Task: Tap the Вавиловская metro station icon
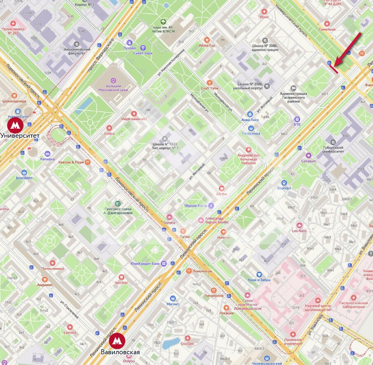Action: [117, 341]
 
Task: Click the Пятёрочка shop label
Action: [251, 133]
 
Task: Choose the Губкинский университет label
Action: [340, 151]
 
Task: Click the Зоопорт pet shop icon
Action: [284, 182]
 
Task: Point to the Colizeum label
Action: [309, 161]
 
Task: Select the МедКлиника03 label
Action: [134, 119]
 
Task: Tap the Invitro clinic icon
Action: [109, 128]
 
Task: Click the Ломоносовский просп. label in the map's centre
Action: [132, 193]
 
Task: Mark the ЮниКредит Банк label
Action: [145, 264]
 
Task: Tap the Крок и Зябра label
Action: [259, 280]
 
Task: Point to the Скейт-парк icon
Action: [143, 48]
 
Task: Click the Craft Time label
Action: [209, 88]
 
